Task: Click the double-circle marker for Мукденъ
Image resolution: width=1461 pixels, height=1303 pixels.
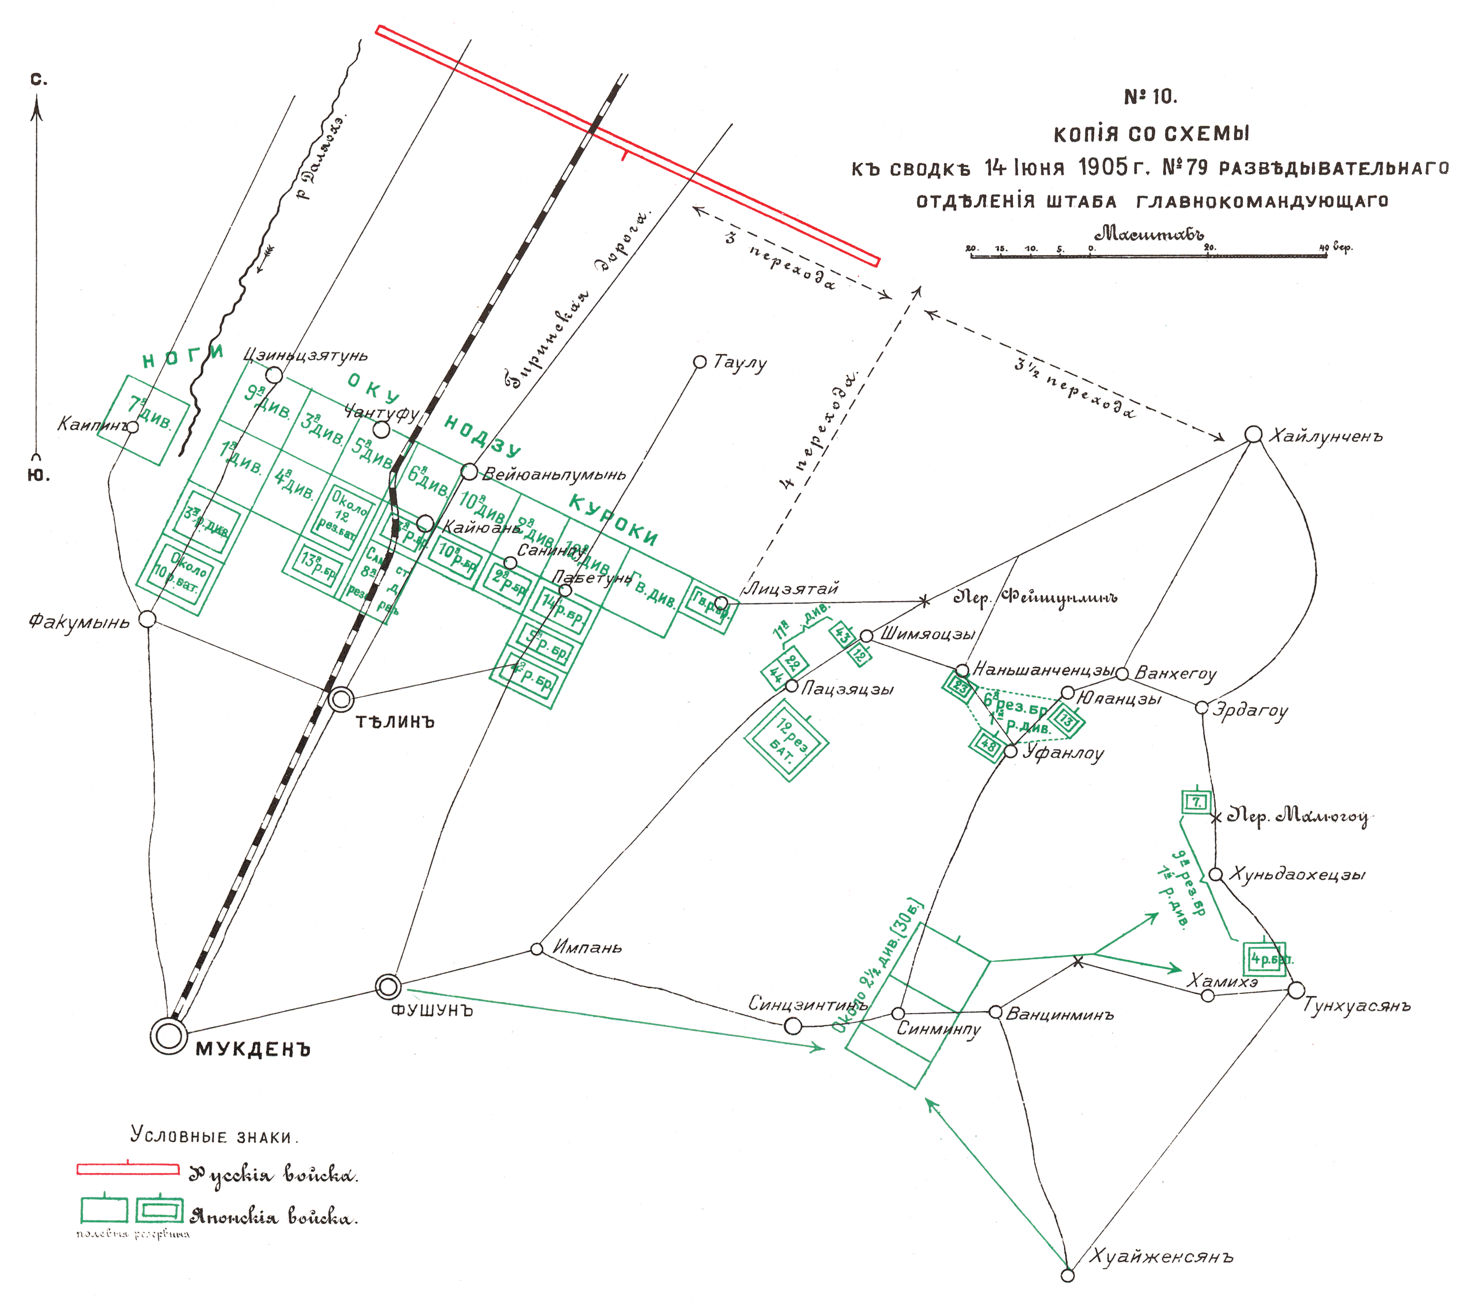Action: (168, 1036)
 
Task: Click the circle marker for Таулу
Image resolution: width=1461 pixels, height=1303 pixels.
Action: (700, 362)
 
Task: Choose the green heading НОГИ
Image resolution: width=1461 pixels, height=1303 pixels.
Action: (183, 356)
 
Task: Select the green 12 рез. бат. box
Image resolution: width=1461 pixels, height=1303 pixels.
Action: (786, 740)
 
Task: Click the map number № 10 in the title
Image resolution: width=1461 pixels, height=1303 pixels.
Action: (1150, 97)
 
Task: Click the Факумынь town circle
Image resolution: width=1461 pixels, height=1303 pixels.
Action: (147, 619)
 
